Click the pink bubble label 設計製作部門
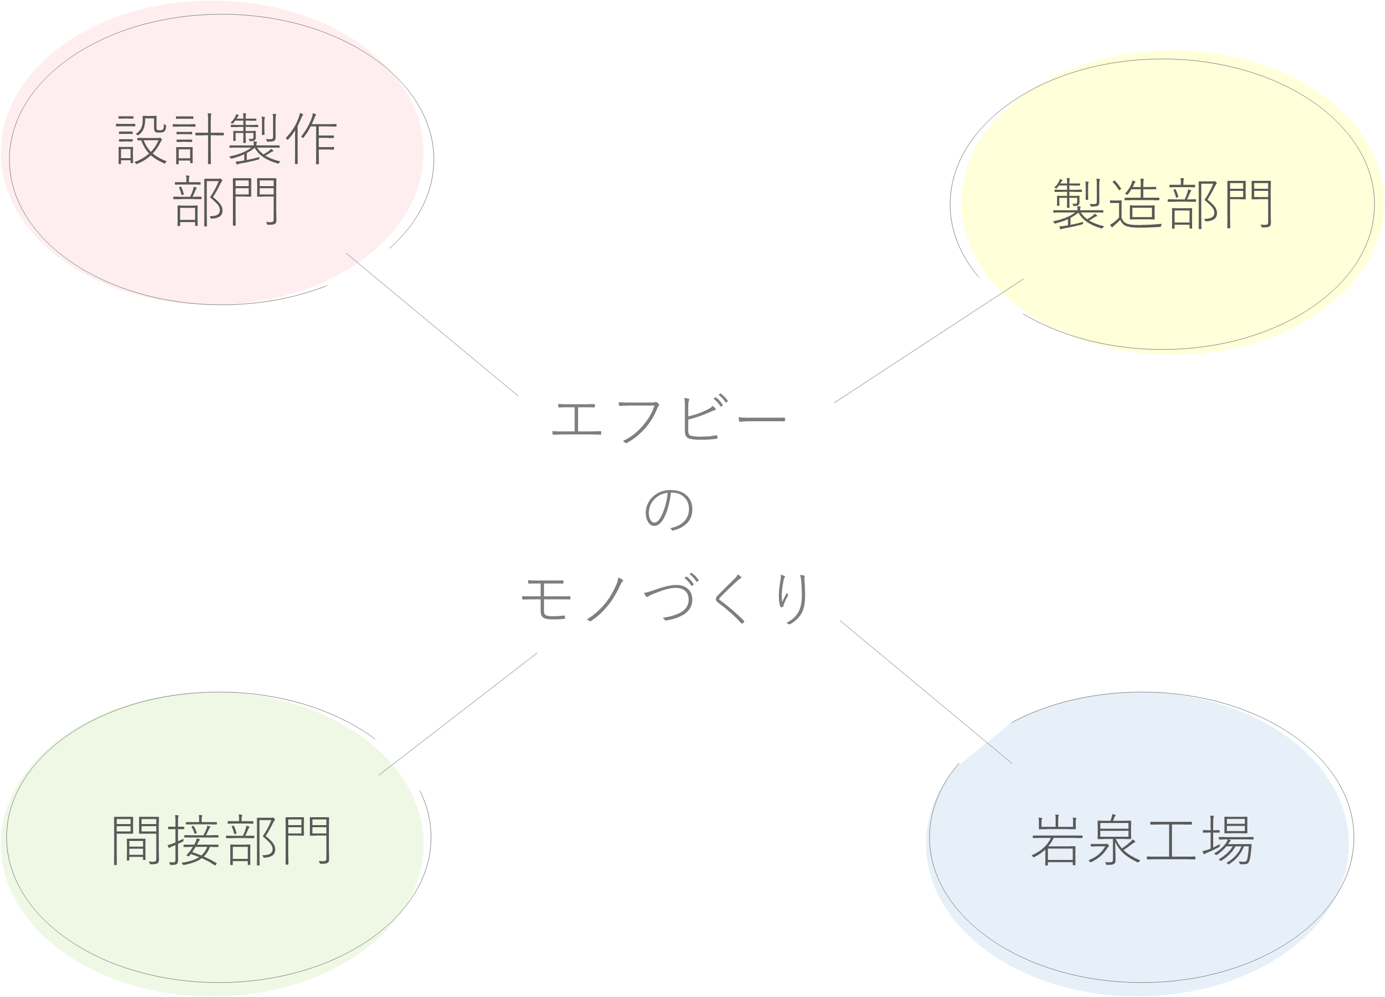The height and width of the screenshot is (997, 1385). coord(226,170)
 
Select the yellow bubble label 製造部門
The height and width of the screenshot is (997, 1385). coord(1162,204)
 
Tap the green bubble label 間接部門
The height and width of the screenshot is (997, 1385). coord(222,840)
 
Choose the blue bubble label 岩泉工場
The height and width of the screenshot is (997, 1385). coord(1143,840)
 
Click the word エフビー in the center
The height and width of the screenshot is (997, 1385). coord(669,419)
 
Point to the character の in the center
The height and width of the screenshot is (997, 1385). coord(669,509)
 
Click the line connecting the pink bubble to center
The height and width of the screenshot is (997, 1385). coord(432,324)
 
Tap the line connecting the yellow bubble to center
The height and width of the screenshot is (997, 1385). coord(929,341)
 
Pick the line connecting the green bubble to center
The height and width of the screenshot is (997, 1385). coord(458,714)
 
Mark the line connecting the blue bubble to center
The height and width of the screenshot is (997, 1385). coord(926,692)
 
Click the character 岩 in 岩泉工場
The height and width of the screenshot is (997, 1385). coord(1058,840)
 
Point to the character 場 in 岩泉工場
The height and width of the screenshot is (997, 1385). coord(1228,840)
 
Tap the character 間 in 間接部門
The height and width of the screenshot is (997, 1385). coord(137,840)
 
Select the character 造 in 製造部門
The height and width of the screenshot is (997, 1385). coord(1135,204)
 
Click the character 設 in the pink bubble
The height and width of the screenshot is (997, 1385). coord(141,139)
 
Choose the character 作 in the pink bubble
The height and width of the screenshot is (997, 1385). coord(311,139)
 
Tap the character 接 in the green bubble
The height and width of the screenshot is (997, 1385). coord(192,840)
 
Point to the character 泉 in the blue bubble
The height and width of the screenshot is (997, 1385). coord(1115,840)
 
